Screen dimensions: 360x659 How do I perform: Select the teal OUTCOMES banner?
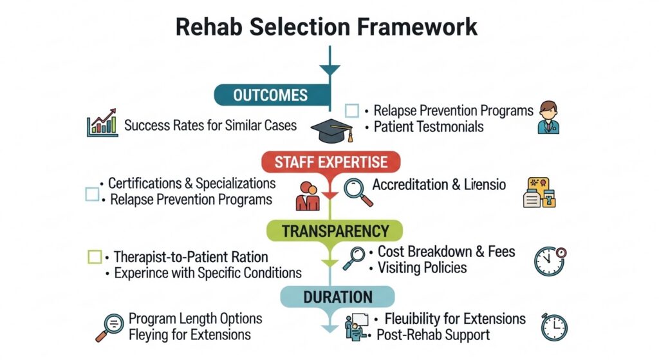pos(271,95)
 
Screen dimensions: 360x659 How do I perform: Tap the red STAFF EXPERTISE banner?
pos(331,162)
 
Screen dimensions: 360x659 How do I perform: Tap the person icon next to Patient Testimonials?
pos(549,117)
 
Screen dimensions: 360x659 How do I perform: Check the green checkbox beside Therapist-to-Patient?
pos(94,257)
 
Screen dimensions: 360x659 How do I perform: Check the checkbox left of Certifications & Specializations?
pos(92,193)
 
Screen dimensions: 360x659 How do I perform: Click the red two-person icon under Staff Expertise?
pos(307,195)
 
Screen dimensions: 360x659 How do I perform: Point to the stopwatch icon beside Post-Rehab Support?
pos(553,327)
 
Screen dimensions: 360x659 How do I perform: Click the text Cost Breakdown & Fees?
pos(446,251)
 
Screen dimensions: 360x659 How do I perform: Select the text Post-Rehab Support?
pos(433,335)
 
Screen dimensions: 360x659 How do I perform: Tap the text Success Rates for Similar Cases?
pos(210,124)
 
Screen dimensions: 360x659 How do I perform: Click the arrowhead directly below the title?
pos(329,70)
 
